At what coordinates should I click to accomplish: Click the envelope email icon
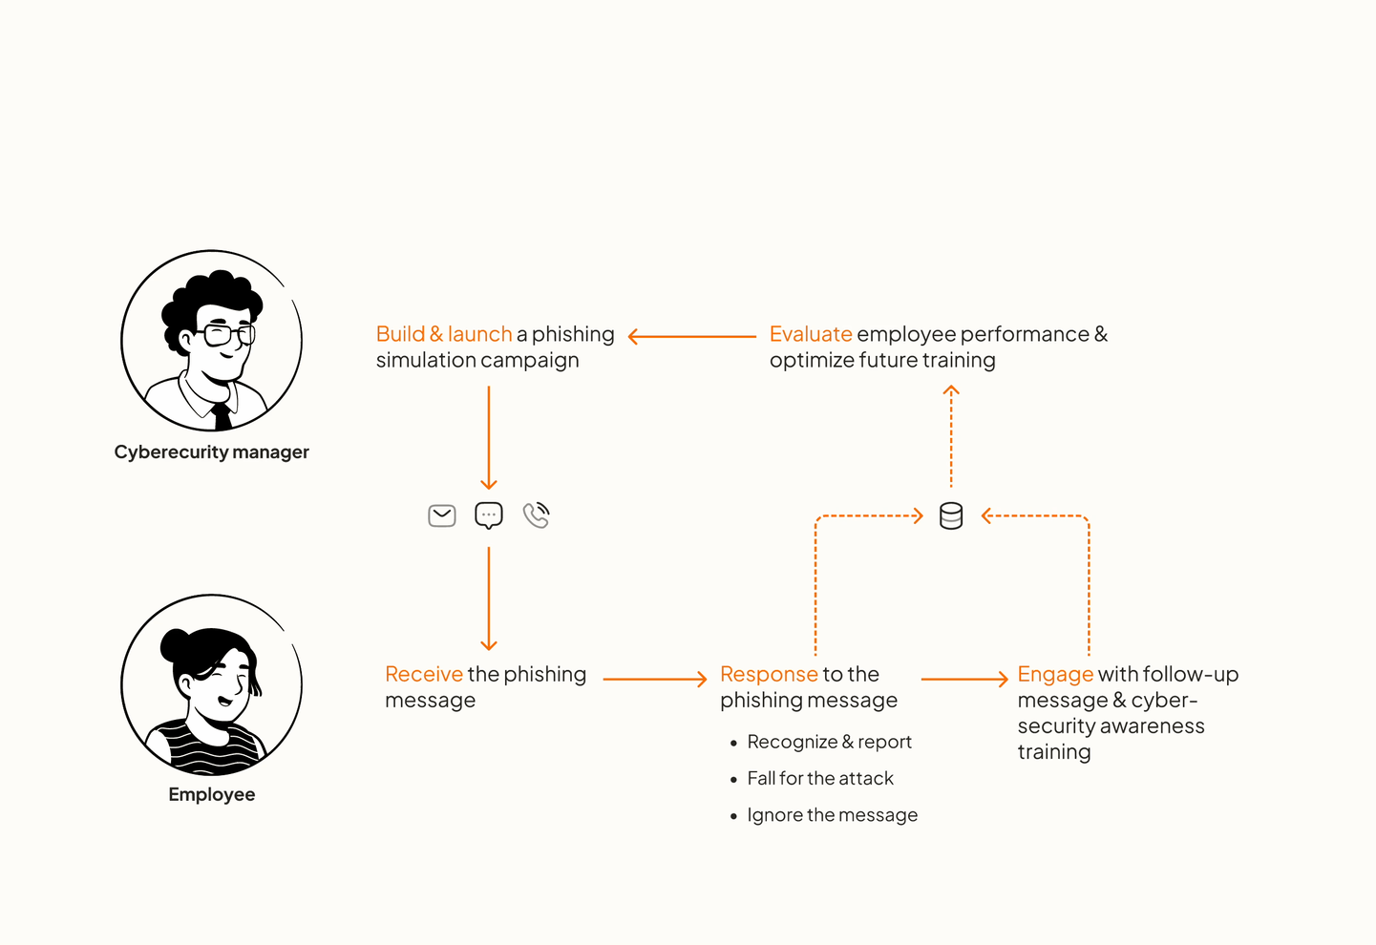coord(442,516)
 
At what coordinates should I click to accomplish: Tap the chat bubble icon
coord(489,515)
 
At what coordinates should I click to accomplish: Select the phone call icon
coord(537,515)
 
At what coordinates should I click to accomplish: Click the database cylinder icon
coord(951,516)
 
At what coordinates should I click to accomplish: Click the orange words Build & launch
coord(444,334)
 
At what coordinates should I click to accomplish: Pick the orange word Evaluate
coord(811,334)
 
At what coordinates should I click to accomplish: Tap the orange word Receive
coord(424,674)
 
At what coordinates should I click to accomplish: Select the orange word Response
coord(769,674)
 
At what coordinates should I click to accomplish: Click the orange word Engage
coord(1055,675)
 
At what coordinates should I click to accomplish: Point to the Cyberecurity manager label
coord(212,452)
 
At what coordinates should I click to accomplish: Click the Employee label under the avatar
coord(212,795)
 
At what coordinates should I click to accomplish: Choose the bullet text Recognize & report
coord(829,742)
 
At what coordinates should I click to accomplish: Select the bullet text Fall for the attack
coord(820,779)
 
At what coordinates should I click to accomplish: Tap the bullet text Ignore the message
coord(832,815)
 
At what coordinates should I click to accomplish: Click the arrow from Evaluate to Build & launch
coord(691,336)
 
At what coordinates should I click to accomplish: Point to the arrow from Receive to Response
coord(655,679)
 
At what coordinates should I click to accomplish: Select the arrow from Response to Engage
coord(964,679)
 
